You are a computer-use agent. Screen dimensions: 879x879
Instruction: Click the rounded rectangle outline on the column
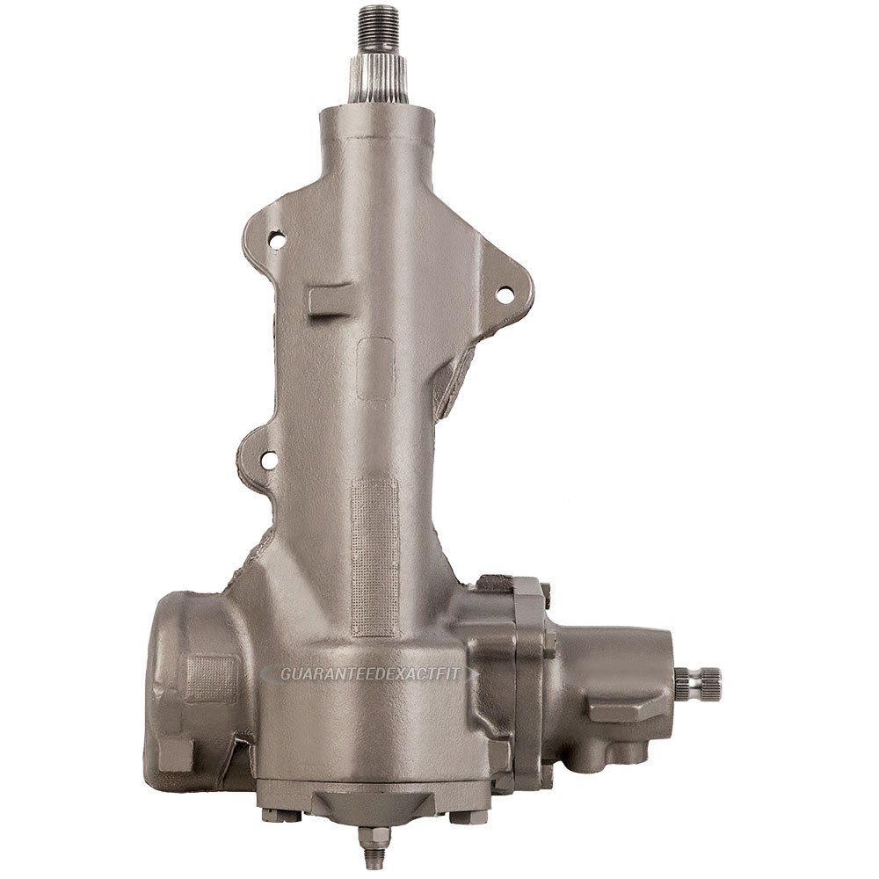pyautogui.click(x=376, y=369)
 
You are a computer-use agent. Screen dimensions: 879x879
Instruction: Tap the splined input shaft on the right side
pyautogui.click(x=699, y=679)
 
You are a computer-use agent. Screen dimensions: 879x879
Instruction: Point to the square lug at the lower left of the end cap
pyautogui.click(x=176, y=752)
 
